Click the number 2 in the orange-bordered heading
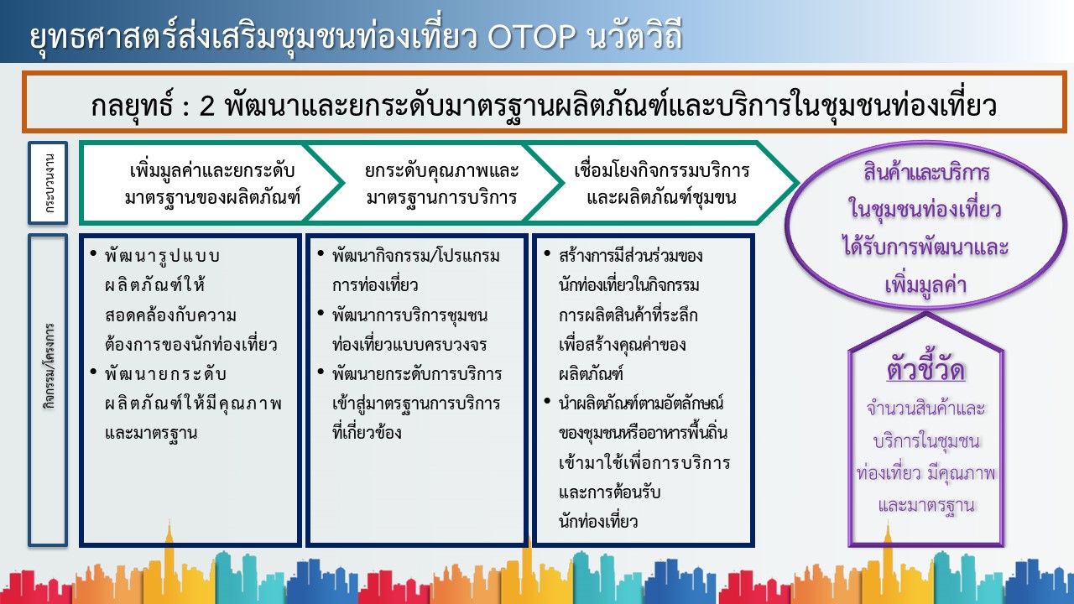206,106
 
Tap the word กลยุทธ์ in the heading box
132,105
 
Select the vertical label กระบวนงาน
49,183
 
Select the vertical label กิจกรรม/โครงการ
49,367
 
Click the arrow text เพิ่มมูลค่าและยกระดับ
212,169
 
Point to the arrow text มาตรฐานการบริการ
441,197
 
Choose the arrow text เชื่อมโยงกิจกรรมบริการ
662,169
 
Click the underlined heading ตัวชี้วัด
925,370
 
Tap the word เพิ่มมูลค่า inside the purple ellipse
925,284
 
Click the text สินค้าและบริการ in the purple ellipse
927,173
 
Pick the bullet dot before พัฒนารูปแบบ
93,253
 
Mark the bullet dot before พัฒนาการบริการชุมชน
321,313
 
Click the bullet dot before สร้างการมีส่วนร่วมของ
547,253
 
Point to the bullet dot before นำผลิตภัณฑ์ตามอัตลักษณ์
547,401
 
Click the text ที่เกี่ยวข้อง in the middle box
367,432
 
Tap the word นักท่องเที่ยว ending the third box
598,522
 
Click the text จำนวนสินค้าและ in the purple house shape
925,409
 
